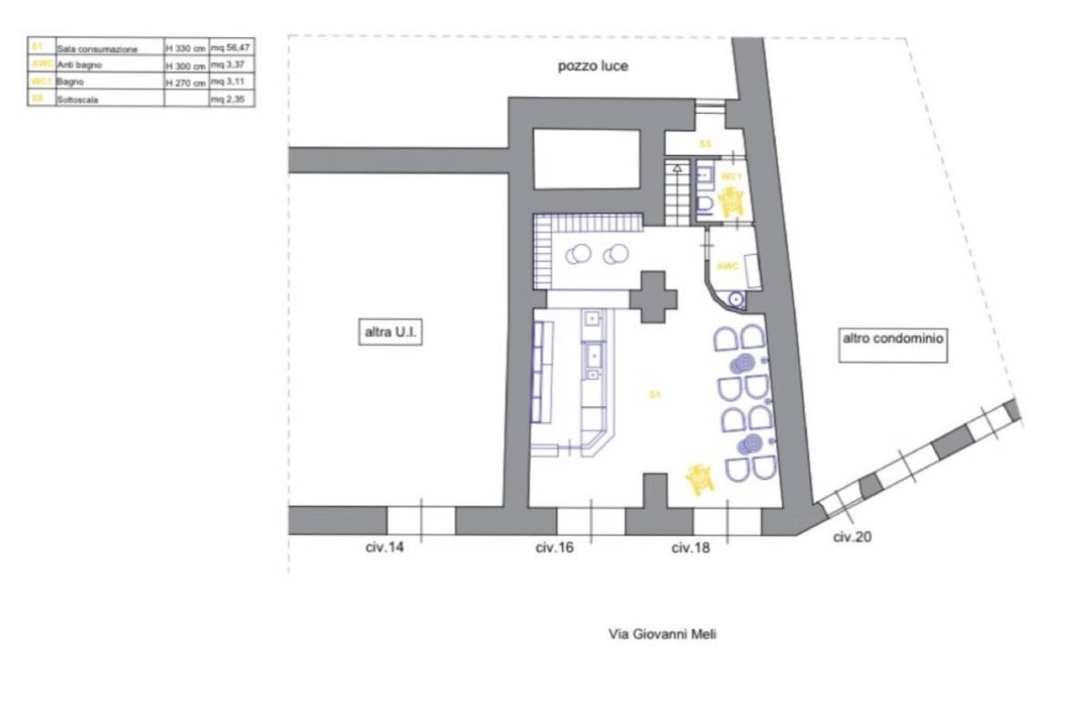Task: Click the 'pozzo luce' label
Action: click(593, 67)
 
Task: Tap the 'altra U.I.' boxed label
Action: click(383, 333)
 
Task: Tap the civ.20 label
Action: click(852, 537)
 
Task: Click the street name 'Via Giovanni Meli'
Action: click(662, 633)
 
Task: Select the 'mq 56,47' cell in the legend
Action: click(230, 48)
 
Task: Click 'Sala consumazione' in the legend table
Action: click(97, 49)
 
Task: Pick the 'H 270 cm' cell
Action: click(186, 82)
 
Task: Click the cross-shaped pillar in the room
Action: click(656, 296)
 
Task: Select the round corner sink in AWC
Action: click(736, 299)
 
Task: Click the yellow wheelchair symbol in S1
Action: click(700, 478)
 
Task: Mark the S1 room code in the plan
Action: click(654, 394)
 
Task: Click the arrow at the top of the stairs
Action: click(676, 168)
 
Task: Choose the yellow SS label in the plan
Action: click(705, 144)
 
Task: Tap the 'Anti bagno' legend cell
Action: click(79, 66)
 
